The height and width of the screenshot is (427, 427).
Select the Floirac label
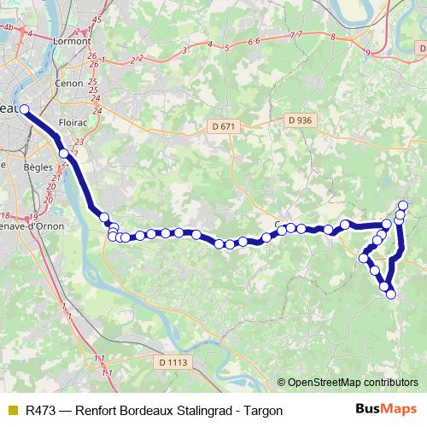73,122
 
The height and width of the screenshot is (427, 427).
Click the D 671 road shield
221,126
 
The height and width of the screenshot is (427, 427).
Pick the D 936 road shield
301,120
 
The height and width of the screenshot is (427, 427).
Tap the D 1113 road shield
173,362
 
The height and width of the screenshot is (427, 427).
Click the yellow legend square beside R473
11,410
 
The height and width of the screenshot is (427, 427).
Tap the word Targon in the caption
262,410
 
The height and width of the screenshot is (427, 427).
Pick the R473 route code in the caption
42,410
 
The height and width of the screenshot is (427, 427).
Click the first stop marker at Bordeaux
24,108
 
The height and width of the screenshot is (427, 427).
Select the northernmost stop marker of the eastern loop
403,205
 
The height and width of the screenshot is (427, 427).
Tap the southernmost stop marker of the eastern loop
391,294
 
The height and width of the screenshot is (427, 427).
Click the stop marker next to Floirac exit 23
64,153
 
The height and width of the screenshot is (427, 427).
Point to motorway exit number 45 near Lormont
97,19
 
